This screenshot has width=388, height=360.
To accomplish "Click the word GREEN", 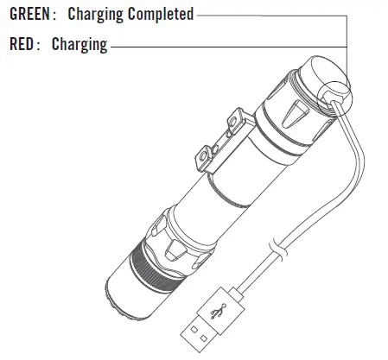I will point(26,16).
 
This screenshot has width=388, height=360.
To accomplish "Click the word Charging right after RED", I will point(80,44).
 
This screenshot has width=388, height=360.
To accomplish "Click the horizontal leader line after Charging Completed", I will point(268,16).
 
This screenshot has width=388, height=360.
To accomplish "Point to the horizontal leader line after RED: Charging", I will point(225,44).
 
